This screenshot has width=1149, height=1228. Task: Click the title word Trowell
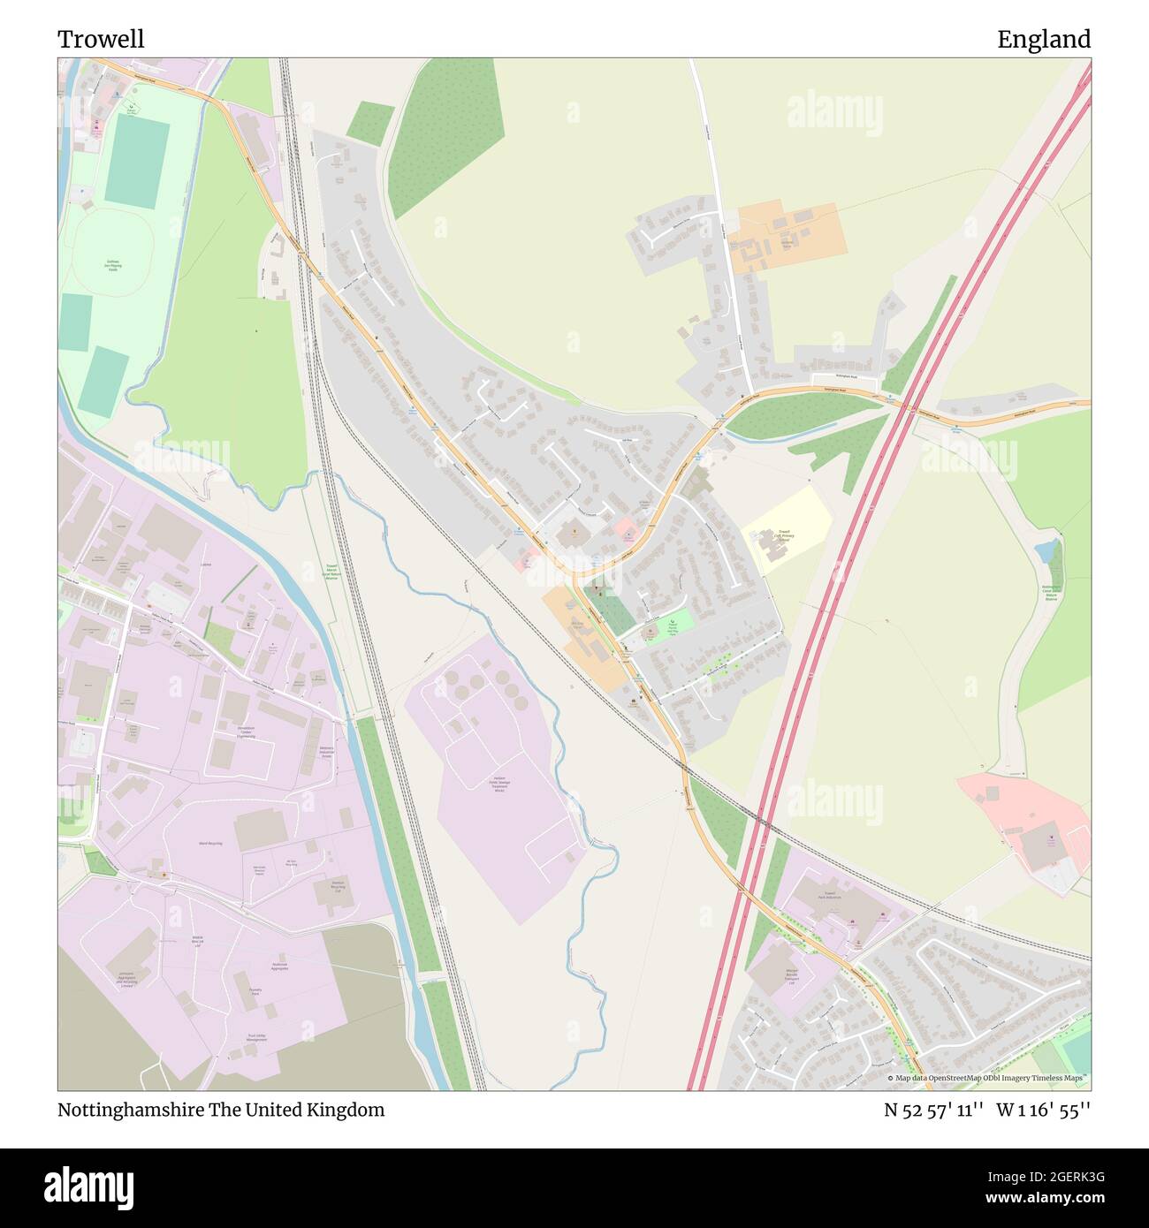coord(101,39)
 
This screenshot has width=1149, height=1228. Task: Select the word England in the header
coord(1044,39)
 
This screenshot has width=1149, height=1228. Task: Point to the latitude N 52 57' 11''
coord(934,1110)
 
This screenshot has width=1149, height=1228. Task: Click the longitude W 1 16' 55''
coord(1044,1110)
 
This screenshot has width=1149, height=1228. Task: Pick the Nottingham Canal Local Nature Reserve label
coord(1051,591)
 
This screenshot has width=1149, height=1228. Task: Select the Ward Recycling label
coord(209,844)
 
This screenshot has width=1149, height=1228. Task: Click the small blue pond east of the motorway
coord(1046,551)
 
